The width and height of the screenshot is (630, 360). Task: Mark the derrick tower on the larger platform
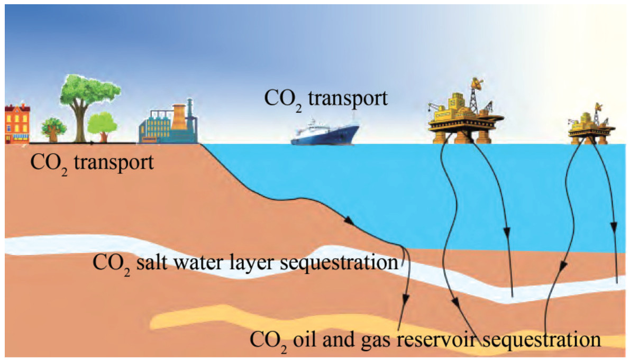tap(478, 93)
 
